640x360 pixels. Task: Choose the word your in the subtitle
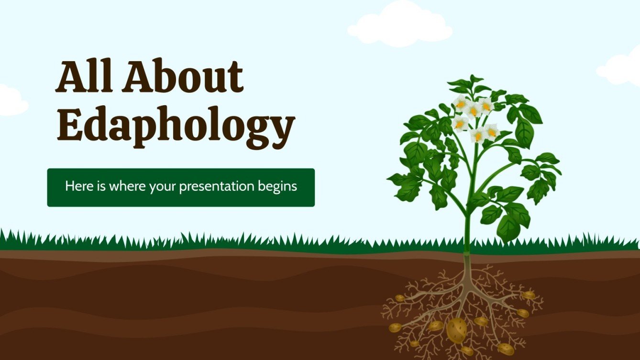pyautogui.click(x=163, y=187)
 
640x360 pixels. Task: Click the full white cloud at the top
pyautogui.click(x=400, y=25)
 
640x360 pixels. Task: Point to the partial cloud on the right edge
pyautogui.click(x=622, y=69)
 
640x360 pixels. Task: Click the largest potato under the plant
pyautogui.click(x=456, y=330)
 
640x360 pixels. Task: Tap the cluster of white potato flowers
pyautogui.click(x=474, y=117)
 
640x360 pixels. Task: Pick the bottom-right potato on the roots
pyautogui.click(x=505, y=349)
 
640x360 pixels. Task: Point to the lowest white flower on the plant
pyautogui.click(x=478, y=136)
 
